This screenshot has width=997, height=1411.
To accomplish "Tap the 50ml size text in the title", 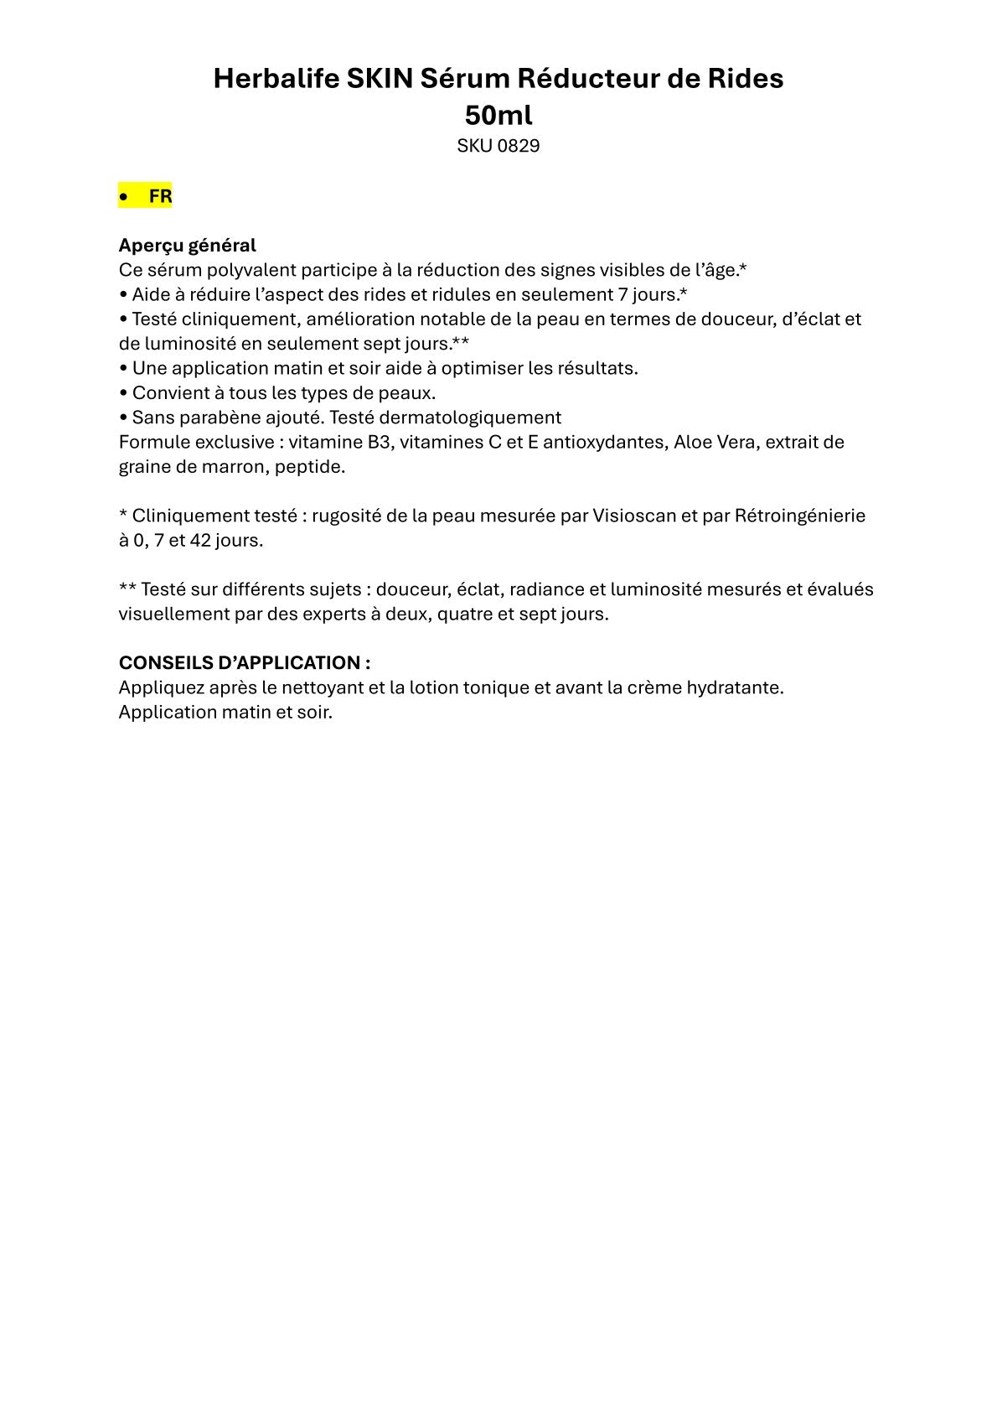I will pos(498,115).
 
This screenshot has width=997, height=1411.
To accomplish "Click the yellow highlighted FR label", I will pos(160,196).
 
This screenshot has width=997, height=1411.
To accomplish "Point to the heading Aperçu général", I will pos(187,246).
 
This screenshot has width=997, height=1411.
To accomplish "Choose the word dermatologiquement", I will pos(470,418).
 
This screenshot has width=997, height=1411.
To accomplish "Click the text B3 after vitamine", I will pos(380,442).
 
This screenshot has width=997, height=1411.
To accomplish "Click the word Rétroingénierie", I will pos(799,516).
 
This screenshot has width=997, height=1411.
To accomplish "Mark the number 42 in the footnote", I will pos(200,540).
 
